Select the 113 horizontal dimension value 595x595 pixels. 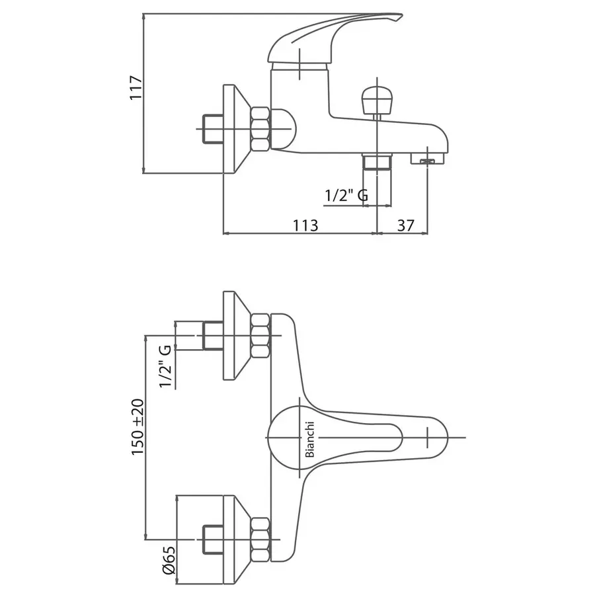305,225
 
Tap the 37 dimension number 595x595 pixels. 405,225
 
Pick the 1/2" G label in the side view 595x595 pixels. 346,196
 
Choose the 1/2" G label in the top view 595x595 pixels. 165,366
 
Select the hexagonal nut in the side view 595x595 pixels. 260,128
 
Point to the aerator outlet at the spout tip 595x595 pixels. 428,159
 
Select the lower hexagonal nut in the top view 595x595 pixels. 260,539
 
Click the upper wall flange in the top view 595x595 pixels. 231,336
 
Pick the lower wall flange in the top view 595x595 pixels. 231,539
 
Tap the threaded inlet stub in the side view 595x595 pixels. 212,129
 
